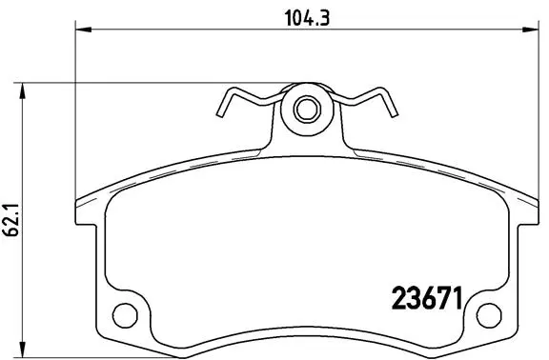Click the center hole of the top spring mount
pos(306,109)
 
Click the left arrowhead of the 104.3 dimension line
pos(81,32)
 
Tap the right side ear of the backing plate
pos(530,214)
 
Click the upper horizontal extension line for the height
pos(152,84)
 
